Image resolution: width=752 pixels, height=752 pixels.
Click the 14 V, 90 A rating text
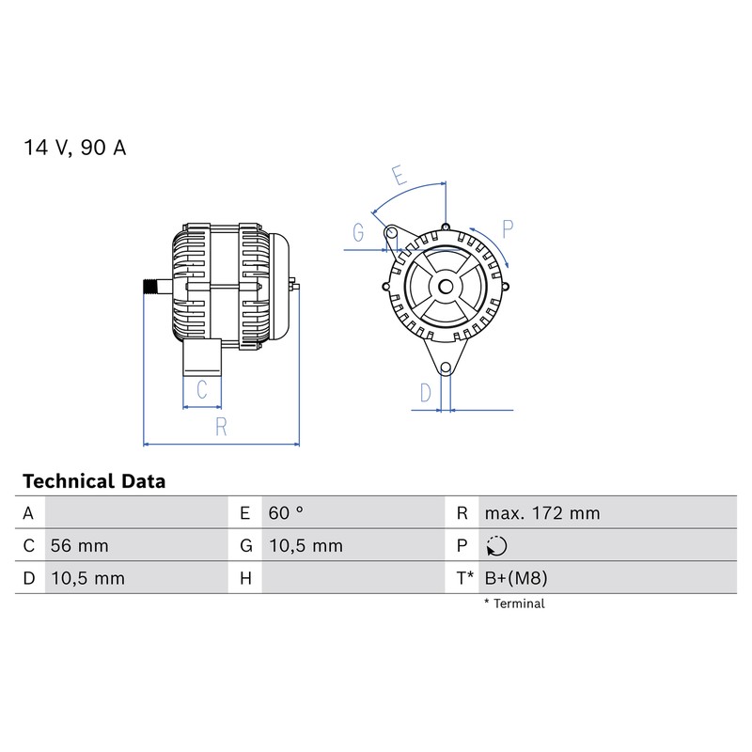(x=75, y=148)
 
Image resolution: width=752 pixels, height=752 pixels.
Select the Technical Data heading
(x=94, y=481)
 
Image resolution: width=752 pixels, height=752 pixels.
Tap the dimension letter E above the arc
(x=399, y=175)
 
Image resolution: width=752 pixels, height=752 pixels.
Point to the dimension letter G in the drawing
(x=358, y=232)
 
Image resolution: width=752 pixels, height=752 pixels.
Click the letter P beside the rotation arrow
(x=508, y=228)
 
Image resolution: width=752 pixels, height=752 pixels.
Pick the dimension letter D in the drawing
(x=426, y=393)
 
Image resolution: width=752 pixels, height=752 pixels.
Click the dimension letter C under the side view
(x=202, y=389)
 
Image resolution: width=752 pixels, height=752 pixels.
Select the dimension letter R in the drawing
(x=221, y=427)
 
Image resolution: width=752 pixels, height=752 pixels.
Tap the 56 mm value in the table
(x=79, y=546)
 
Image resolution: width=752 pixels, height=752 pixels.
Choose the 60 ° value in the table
(x=286, y=513)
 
